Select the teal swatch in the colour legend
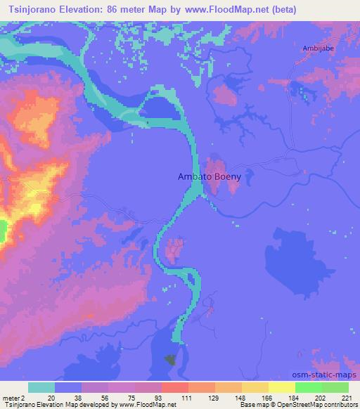[x=41, y=387]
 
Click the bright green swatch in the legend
[x=308, y=387]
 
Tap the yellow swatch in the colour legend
[x=281, y=387]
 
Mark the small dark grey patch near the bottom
[x=170, y=360]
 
